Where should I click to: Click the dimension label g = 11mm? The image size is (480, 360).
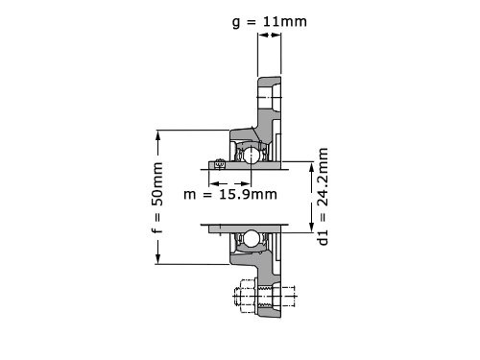(x=270, y=22)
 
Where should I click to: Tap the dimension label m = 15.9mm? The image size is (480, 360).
(x=230, y=194)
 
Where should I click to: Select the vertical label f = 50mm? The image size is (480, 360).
(x=157, y=198)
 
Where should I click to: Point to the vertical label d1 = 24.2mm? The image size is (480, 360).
(x=323, y=197)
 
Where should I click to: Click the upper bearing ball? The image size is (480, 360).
(x=252, y=155)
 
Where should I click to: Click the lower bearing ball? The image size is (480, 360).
(x=252, y=239)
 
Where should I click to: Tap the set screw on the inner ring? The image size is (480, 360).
(x=219, y=164)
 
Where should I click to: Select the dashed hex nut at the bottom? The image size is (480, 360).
(x=246, y=296)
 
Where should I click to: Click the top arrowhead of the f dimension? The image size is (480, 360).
(x=157, y=135)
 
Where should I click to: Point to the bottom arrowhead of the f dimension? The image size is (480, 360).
(x=157, y=259)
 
